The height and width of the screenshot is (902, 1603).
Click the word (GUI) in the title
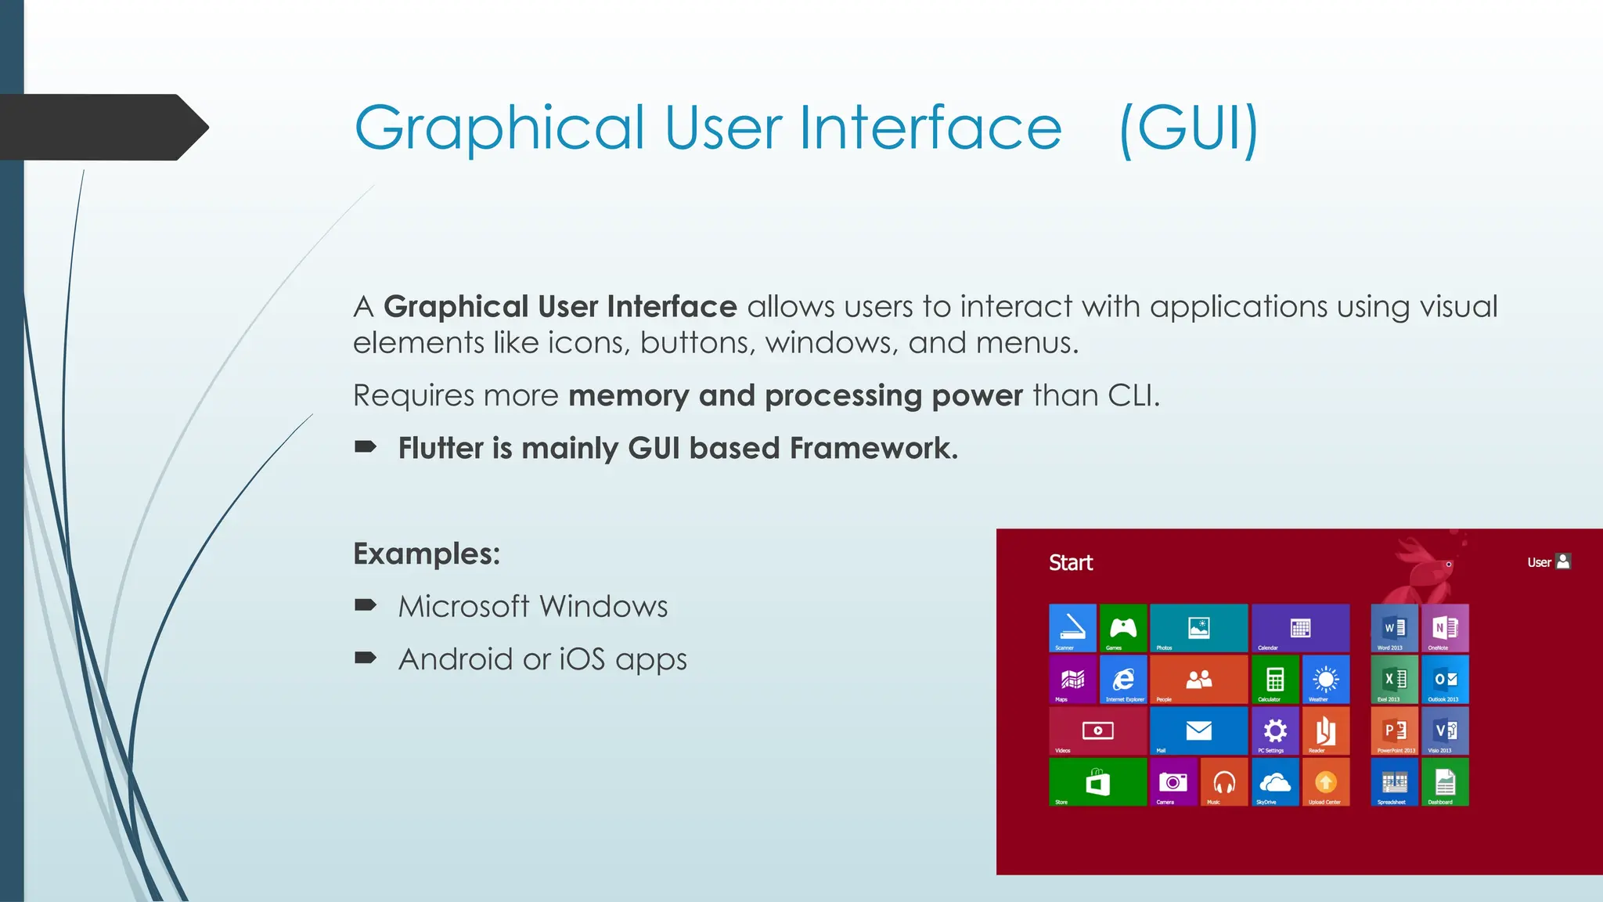coord(1188,129)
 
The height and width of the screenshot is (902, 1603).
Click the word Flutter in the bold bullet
coord(441,449)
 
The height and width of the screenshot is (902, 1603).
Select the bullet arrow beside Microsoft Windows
coord(366,605)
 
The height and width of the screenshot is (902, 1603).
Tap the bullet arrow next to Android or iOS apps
coord(366,658)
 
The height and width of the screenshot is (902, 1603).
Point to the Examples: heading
coord(427,554)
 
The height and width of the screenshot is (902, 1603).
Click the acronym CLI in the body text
coord(1130,395)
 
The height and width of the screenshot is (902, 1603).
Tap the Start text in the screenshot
coord(1070,563)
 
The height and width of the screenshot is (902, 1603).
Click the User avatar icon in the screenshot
coord(1563,561)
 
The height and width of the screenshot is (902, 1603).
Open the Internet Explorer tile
coord(1123,680)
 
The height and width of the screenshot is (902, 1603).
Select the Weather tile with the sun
coord(1326,680)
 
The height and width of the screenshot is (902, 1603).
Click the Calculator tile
coord(1275,680)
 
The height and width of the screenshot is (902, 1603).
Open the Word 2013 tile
coord(1394,628)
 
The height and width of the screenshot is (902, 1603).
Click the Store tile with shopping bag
coord(1097,782)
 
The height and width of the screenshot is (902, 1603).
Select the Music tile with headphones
coord(1224,782)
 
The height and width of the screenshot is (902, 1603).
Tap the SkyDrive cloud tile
coord(1275,782)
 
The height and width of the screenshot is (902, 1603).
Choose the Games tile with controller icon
coord(1123,628)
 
